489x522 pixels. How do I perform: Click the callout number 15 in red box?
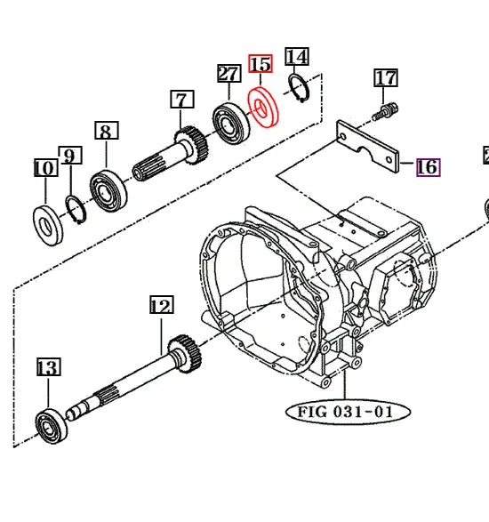[x=261, y=64]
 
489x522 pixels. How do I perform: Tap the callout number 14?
[x=297, y=57]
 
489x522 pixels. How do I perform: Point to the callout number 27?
[x=228, y=74]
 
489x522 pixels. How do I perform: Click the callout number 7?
[x=182, y=99]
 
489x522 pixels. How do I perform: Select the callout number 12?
[x=160, y=307]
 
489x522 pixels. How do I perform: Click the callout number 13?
[x=47, y=366]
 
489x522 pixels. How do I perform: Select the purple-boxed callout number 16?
[x=428, y=166]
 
